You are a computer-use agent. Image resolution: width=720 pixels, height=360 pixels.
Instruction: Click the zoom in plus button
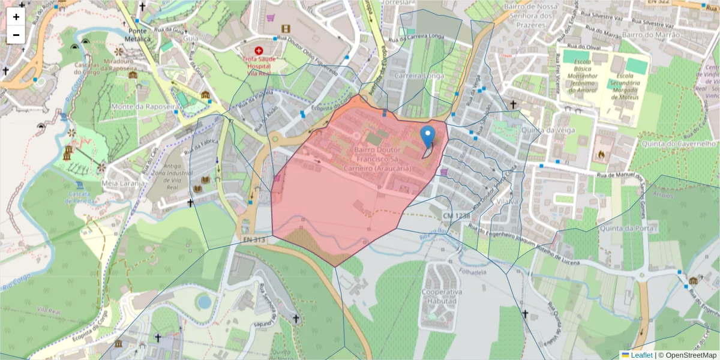tap(16, 17)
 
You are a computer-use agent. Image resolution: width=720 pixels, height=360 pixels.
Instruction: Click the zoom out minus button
tap(16, 35)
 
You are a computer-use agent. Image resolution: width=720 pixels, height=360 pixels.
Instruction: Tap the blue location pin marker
tap(428, 137)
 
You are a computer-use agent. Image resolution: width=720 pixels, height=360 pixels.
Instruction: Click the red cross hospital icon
tap(259, 52)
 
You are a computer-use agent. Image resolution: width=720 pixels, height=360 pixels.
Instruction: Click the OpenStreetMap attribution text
tap(687, 355)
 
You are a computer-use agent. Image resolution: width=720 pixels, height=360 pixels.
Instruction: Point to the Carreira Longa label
tap(419, 76)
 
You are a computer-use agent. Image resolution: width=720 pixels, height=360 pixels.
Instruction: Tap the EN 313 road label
tap(255, 239)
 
